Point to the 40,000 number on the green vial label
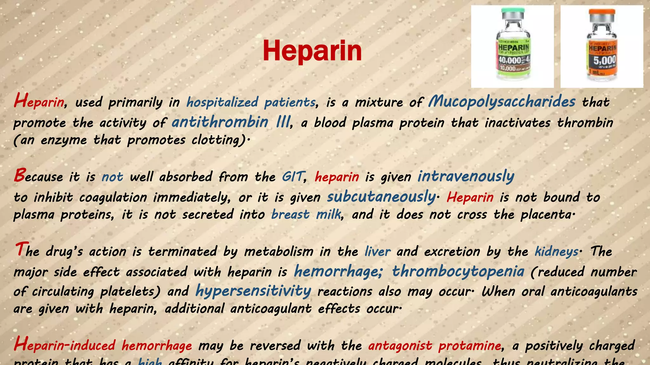click(510, 60)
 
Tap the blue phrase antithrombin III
click(231, 122)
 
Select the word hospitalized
click(222, 102)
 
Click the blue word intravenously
click(466, 176)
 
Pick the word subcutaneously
click(381, 197)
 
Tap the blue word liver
click(377, 252)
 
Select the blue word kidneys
click(556, 252)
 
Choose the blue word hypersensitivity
click(253, 291)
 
